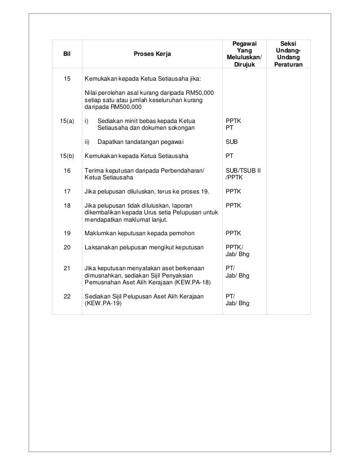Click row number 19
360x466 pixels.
[x=67, y=232]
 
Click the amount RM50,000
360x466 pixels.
[x=199, y=93]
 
